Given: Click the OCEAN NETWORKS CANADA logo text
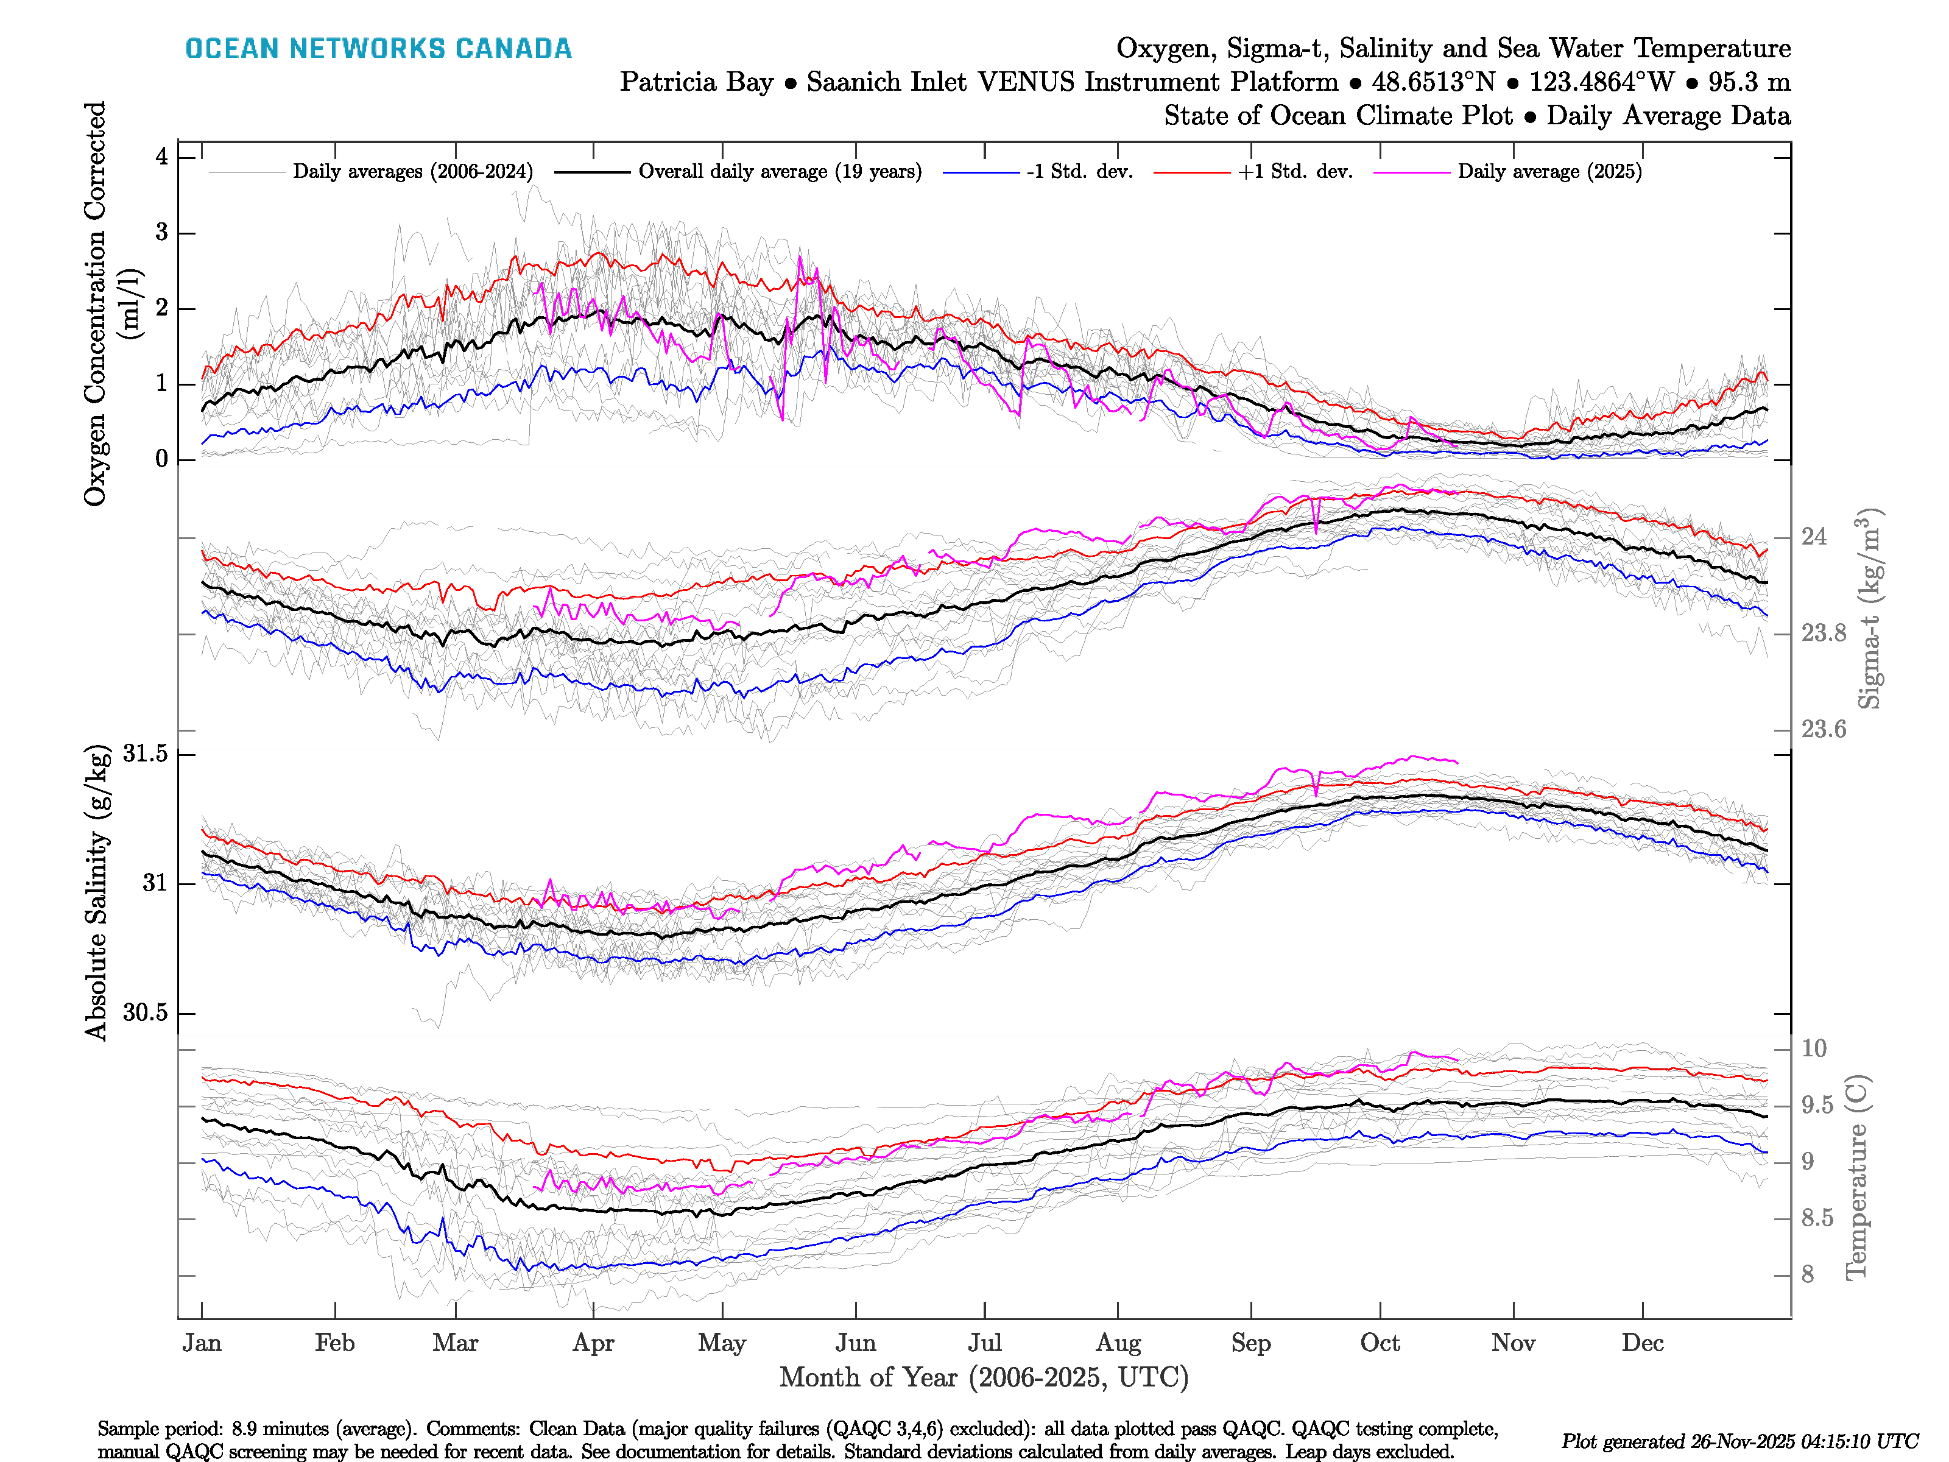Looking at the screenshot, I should [x=378, y=49].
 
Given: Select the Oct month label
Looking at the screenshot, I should [x=1379, y=1343].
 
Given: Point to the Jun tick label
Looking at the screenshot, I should [x=856, y=1343].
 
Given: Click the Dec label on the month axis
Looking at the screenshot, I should [x=1643, y=1343].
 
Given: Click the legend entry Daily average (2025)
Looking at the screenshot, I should [x=1549, y=172].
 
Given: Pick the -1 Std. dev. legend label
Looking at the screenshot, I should [x=1079, y=172].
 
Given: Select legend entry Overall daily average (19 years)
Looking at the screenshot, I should [x=780, y=172].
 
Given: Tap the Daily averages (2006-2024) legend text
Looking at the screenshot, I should [x=412, y=172].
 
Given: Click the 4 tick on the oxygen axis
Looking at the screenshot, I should [x=162, y=157].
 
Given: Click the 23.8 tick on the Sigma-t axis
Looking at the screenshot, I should [x=1823, y=633].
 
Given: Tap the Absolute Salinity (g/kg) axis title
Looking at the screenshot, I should [x=97, y=892].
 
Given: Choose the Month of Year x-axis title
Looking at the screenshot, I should [x=983, y=1377].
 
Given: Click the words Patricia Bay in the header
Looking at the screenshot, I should [x=696, y=82].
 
